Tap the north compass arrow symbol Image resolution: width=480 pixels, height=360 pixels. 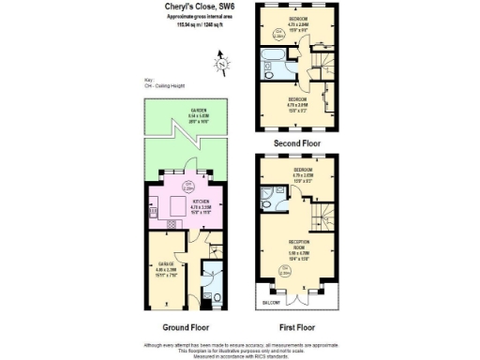(222, 64)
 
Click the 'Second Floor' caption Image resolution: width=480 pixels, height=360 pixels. (296, 142)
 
